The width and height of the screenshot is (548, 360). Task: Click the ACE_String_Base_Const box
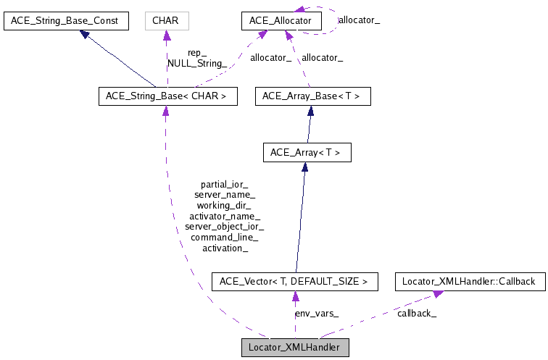point(66,20)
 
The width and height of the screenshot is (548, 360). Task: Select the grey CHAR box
point(167,20)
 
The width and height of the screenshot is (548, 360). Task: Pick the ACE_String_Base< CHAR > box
point(167,96)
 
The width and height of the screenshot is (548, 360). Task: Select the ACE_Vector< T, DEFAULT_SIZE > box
point(294,281)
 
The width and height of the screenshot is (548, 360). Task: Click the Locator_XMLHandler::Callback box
point(468,281)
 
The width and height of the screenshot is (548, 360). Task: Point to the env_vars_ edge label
point(316,313)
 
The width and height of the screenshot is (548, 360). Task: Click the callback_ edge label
point(416,313)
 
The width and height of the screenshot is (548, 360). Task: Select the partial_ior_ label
point(224,184)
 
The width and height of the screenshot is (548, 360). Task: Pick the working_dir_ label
point(224,205)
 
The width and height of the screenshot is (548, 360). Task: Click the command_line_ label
point(224,237)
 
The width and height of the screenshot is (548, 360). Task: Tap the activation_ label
point(225,248)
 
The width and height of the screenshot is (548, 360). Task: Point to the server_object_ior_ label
point(224,226)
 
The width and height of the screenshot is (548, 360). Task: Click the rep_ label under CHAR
point(197,53)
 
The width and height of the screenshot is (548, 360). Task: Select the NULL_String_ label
point(197,63)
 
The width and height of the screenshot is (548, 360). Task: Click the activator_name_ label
point(224,216)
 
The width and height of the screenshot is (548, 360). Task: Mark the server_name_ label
point(224,195)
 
